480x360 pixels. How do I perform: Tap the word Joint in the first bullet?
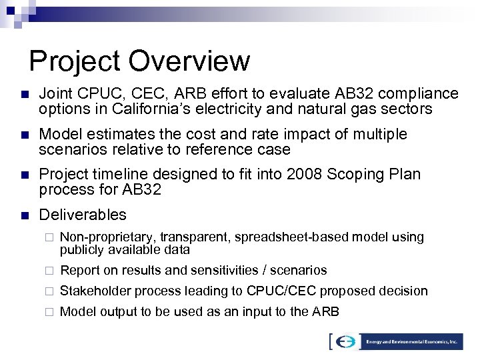click(55, 93)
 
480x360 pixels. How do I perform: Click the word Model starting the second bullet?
click(58, 134)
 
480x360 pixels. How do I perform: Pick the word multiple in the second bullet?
click(381, 134)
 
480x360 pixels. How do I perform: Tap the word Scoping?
click(344, 175)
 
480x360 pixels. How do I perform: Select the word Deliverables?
click(83, 215)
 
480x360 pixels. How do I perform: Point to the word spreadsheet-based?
click(277, 237)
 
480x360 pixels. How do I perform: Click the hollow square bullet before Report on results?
click(48, 271)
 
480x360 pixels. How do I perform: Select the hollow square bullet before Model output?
click(48, 311)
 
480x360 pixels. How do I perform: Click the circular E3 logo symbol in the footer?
click(345, 342)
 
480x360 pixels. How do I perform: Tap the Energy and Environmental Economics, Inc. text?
click(411, 342)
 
